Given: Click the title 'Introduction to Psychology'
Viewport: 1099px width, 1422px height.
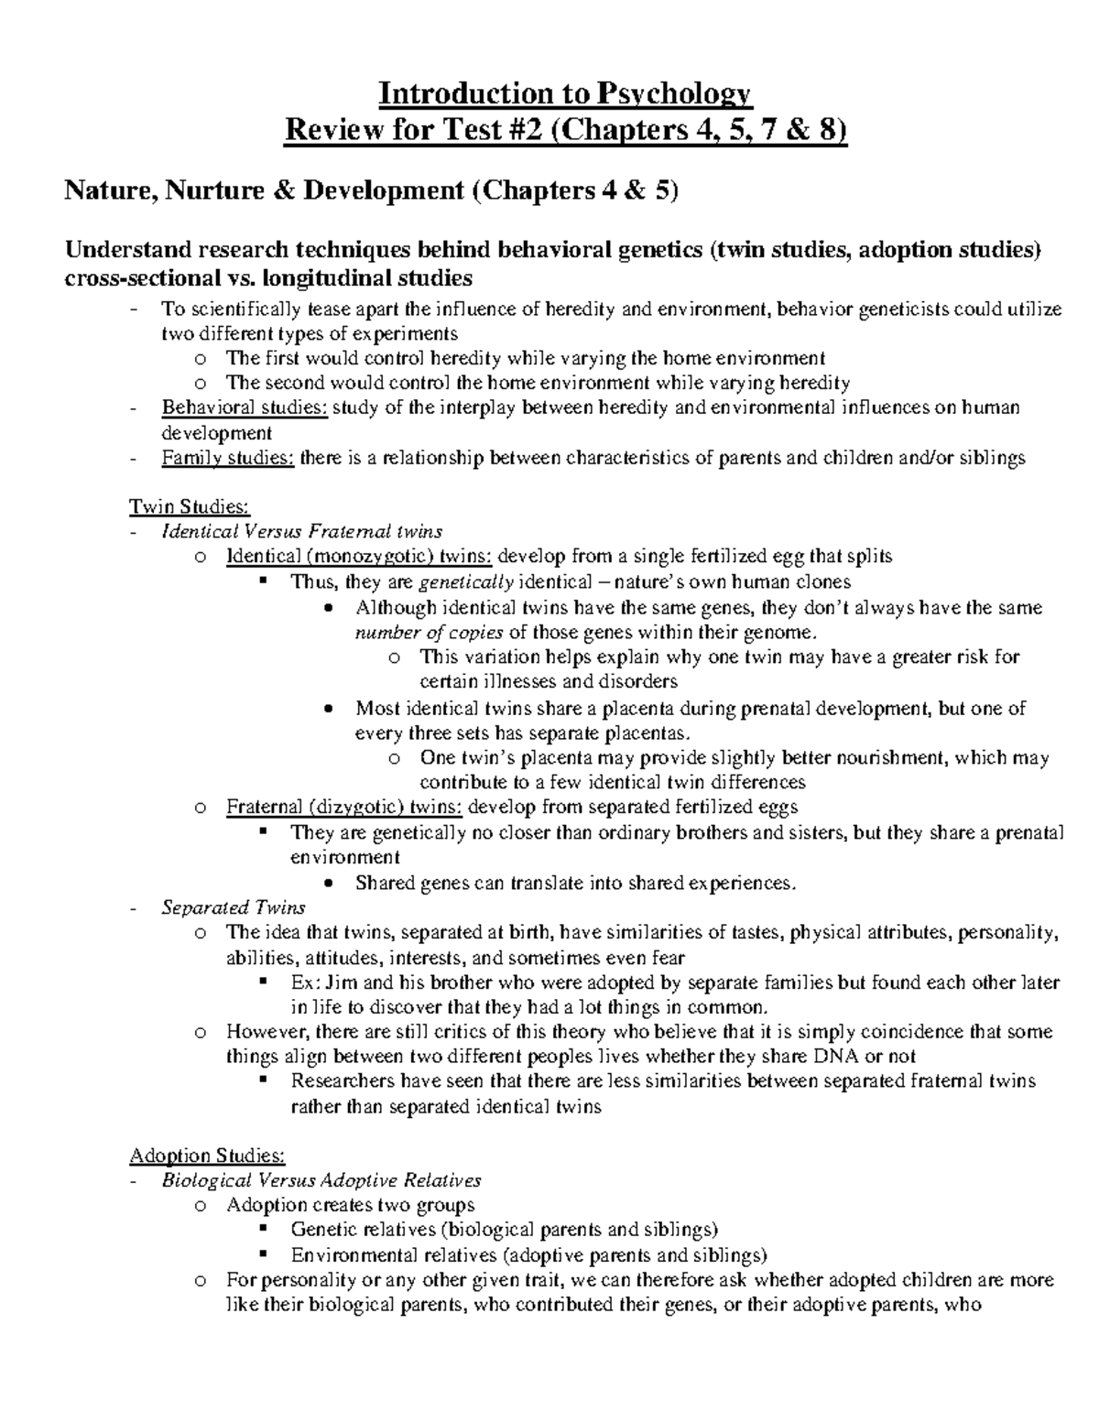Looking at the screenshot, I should point(565,93).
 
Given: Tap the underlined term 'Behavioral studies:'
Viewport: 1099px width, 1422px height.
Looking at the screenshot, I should point(245,407).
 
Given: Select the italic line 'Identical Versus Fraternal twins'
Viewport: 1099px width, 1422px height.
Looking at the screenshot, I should point(302,531).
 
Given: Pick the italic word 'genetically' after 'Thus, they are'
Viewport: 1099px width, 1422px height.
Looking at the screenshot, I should point(466,581).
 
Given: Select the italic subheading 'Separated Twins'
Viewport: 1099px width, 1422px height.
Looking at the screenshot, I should point(234,907).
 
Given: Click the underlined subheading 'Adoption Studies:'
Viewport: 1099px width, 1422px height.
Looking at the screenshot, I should point(208,1156).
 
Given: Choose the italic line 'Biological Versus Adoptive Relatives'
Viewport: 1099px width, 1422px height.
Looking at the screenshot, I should point(321,1180).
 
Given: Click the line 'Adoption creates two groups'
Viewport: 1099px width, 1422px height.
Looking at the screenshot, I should point(351,1205).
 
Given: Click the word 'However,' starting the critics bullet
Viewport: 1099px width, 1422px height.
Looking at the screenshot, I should point(261,1032).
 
